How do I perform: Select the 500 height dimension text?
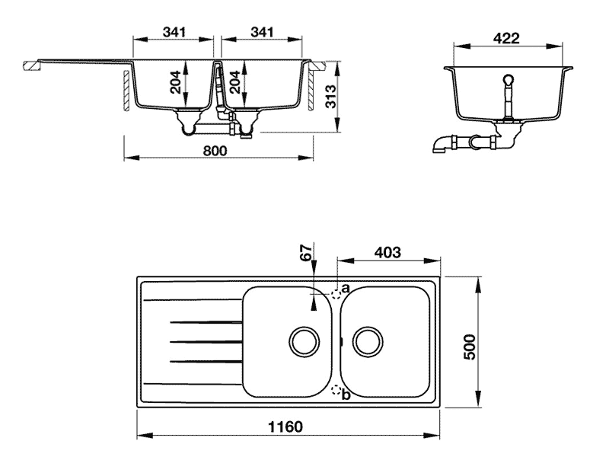tap(470, 347)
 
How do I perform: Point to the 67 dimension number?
tap(306, 254)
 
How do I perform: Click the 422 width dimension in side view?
tap(507, 37)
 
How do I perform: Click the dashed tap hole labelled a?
tap(336, 292)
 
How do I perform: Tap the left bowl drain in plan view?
tap(303, 340)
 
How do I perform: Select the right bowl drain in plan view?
tap(367, 340)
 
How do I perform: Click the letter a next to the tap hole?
tap(346, 289)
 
